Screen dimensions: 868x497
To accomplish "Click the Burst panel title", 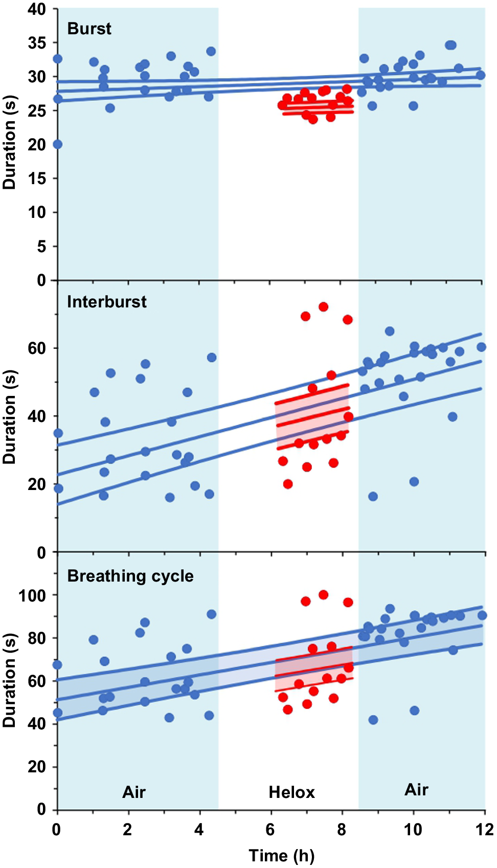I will click(x=89, y=29).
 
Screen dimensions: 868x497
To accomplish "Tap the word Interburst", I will click(x=106, y=302).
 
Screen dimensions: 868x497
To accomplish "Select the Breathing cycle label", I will click(x=130, y=576).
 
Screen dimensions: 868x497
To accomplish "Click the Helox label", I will click(x=291, y=792).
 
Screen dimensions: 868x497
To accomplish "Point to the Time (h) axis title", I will click(x=281, y=855).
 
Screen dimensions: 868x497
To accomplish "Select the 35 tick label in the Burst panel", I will click(x=37, y=43).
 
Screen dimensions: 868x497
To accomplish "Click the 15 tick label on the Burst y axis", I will click(x=37, y=179).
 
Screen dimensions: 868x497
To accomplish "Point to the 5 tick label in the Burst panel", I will click(x=41, y=247).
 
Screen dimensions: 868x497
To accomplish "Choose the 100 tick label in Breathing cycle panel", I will click(x=32, y=595).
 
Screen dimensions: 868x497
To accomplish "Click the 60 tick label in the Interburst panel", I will click(x=37, y=348).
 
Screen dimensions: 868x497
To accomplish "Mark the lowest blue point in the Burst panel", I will click(x=57, y=144).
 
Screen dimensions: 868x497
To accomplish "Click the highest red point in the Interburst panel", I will click(x=323, y=307).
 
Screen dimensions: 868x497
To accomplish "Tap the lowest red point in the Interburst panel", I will click(x=288, y=484).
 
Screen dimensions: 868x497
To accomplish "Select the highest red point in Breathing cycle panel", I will click(x=323, y=595).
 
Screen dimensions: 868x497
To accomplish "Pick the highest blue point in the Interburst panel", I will click(x=390, y=331).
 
